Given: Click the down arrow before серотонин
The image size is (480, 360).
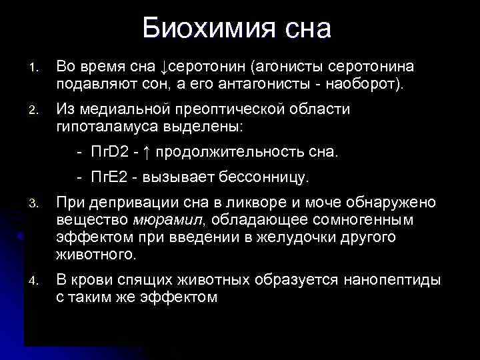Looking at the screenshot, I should click(x=165, y=67).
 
